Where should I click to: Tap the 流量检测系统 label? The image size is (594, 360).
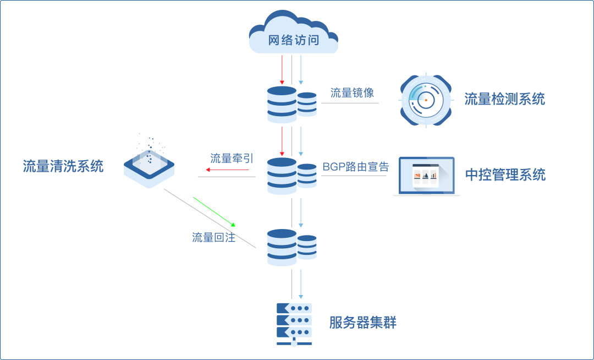coord(504,99)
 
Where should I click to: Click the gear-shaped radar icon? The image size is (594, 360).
coord(425,100)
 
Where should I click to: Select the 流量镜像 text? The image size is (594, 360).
coord(352,92)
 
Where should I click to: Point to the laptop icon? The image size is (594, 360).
coord(427,176)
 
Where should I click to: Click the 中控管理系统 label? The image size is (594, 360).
coord(505,175)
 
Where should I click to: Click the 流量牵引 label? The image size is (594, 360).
coord(232,159)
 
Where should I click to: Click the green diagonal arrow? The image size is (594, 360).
coord(215,211)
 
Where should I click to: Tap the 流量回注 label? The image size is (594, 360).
coord(213,238)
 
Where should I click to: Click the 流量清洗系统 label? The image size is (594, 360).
coord(63,166)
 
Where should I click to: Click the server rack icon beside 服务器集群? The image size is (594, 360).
coord(294,324)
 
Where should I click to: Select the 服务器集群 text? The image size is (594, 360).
coord(362,323)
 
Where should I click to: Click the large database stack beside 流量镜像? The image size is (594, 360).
coord(282,105)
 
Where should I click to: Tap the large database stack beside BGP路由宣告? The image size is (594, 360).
coord(282,176)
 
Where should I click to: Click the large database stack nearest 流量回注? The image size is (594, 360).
coord(282,248)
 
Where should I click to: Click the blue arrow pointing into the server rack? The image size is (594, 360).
coord(300,283)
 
